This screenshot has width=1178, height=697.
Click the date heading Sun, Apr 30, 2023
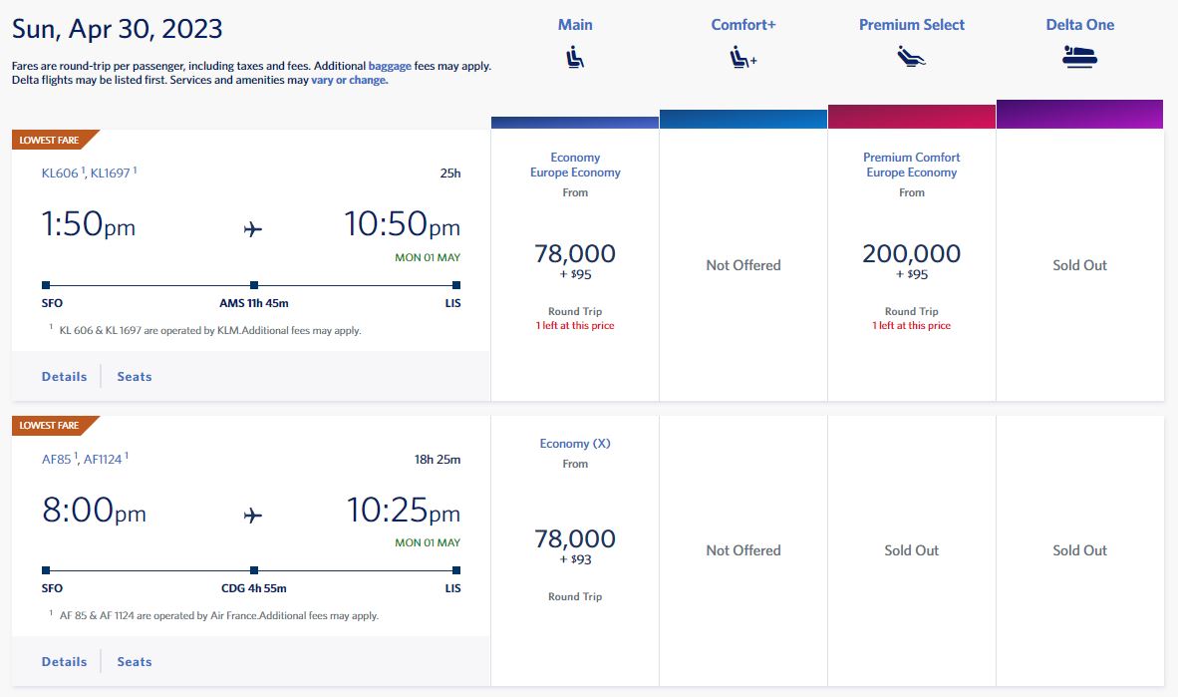pos(118,28)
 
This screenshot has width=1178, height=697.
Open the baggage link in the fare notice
pos(390,66)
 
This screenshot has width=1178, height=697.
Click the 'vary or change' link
pos(348,80)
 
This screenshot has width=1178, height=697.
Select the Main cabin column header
pos(575,25)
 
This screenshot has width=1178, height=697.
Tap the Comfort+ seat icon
pos(742,58)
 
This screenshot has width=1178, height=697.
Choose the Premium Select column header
pos(912,25)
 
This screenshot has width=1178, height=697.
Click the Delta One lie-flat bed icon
pos(1079,58)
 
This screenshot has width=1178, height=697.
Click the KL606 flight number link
pos(60,173)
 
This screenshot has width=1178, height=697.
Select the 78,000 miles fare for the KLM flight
pos(575,254)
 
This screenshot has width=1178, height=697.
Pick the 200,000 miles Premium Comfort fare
pos(912,254)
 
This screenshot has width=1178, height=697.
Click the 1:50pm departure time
pos(89,224)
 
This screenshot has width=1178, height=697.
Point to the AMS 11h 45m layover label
pos(254,303)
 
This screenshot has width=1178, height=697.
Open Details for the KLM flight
pos(64,376)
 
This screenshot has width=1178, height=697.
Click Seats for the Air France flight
pos(135,661)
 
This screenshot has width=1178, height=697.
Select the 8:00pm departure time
pos(94,511)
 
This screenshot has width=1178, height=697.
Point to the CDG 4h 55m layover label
pos(254,588)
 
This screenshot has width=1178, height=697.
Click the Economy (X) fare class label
pos(575,444)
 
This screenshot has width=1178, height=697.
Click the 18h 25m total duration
pos(438,460)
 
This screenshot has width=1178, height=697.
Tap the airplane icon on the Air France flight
pos(253,515)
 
